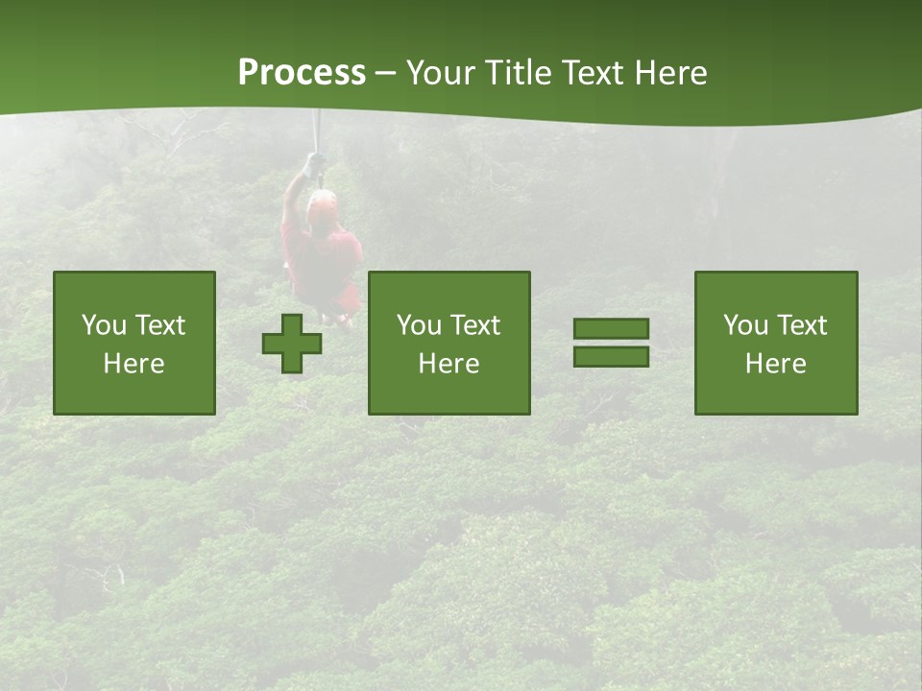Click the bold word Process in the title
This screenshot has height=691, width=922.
(302, 73)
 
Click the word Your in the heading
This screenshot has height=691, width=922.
(439, 73)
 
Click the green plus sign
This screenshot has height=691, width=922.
(292, 344)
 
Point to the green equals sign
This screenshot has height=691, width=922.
(611, 343)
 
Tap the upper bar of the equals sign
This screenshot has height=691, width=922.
(611, 329)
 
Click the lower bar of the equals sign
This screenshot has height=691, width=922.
(611, 356)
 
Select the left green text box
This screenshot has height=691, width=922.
(134, 343)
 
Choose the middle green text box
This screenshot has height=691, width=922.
(449, 343)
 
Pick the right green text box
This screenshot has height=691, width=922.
(775, 343)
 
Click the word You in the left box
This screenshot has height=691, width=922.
(103, 325)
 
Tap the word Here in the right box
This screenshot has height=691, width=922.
(775, 364)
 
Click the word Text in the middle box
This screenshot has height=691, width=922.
(474, 325)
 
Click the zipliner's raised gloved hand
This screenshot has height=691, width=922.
(313, 165)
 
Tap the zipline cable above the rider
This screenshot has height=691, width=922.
(316, 130)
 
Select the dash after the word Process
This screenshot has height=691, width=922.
(385, 73)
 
